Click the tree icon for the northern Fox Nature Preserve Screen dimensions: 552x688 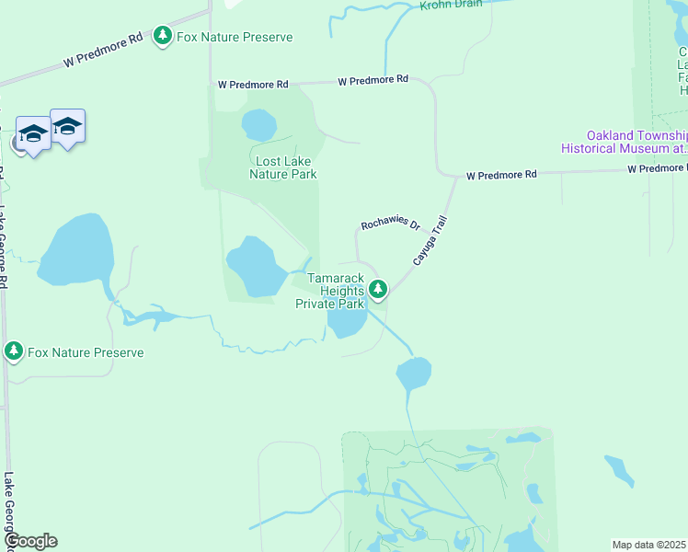pos(163,36)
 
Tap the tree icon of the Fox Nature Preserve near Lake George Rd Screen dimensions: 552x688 pos(13,351)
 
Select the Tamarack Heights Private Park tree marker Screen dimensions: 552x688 pos(378,290)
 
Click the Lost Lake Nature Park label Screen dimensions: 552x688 pos(285,167)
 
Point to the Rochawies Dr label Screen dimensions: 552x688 pos(390,224)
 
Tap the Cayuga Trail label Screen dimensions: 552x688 pos(430,242)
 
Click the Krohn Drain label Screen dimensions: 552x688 pos(453,6)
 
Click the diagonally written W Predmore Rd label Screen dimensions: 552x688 pos(103,51)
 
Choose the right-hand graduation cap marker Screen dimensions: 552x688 pos(67,124)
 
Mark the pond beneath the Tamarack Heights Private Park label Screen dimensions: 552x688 pos(347,321)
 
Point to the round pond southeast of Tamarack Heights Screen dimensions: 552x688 pos(413,374)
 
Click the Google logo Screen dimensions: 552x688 pos(30,541)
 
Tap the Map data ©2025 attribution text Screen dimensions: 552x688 pos(648,545)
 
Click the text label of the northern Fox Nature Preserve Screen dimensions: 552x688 pos(235,37)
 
